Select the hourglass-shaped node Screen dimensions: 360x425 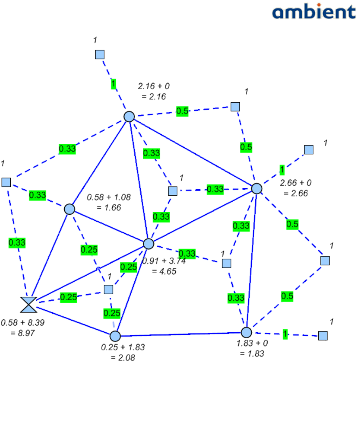coord(29,305)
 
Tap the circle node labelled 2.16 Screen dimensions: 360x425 coord(129,116)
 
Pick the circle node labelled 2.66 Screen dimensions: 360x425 coord(257,189)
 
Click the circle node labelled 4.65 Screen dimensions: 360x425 coord(148,244)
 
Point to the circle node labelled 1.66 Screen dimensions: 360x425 coord(69,209)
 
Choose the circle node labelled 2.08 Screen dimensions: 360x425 coord(115,336)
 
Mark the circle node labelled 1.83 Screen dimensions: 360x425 coord(246,332)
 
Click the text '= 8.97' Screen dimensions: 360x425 coord(23,333)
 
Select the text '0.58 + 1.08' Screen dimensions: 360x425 coord(109,196)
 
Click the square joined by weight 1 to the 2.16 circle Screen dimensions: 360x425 coord(100,54)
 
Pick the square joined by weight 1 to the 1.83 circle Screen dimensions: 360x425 coord(323,335)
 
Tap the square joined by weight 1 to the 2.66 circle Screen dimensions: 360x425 coord(308,150)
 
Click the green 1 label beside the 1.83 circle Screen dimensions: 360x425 coord(285,334)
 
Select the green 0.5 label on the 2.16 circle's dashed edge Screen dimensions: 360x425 coord(182,111)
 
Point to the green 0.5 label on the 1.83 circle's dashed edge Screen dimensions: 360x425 coord(287,296)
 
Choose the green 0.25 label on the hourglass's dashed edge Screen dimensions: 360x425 coord(68,297)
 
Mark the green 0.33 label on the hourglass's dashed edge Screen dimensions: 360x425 coord(17,242)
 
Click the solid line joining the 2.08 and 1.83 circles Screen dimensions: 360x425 coord(180,334)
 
